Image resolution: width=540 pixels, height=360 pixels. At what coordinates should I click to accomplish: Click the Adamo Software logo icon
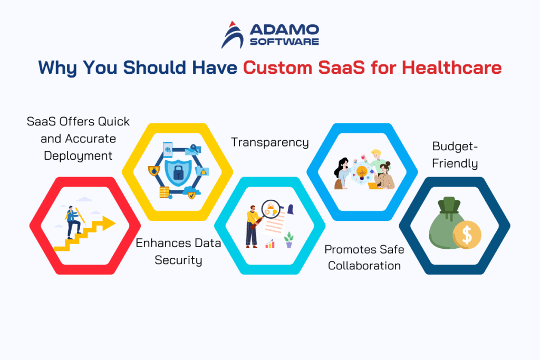click(232, 34)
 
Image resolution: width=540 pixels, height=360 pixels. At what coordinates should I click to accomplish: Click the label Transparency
click(270, 142)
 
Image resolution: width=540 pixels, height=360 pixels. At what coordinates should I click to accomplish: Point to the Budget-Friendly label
click(455, 154)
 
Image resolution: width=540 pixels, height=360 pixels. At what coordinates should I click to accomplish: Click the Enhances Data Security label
click(178, 251)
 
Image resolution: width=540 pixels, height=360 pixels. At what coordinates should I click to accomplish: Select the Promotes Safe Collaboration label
click(364, 257)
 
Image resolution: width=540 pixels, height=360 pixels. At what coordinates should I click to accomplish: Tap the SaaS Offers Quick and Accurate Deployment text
click(78, 138)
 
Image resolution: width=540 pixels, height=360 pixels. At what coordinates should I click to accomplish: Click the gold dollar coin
click(467, 235)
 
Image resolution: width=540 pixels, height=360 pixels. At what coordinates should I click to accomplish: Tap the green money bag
click(447, 224)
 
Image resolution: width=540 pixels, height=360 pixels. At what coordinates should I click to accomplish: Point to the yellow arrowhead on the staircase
click(109, 224)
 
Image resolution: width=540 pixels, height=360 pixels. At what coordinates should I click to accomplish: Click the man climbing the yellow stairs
click(73, 219)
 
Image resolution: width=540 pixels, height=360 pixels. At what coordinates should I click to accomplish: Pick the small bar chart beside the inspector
click(270, 244)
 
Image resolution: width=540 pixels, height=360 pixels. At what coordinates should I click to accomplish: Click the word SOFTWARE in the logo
click(285, 41)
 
